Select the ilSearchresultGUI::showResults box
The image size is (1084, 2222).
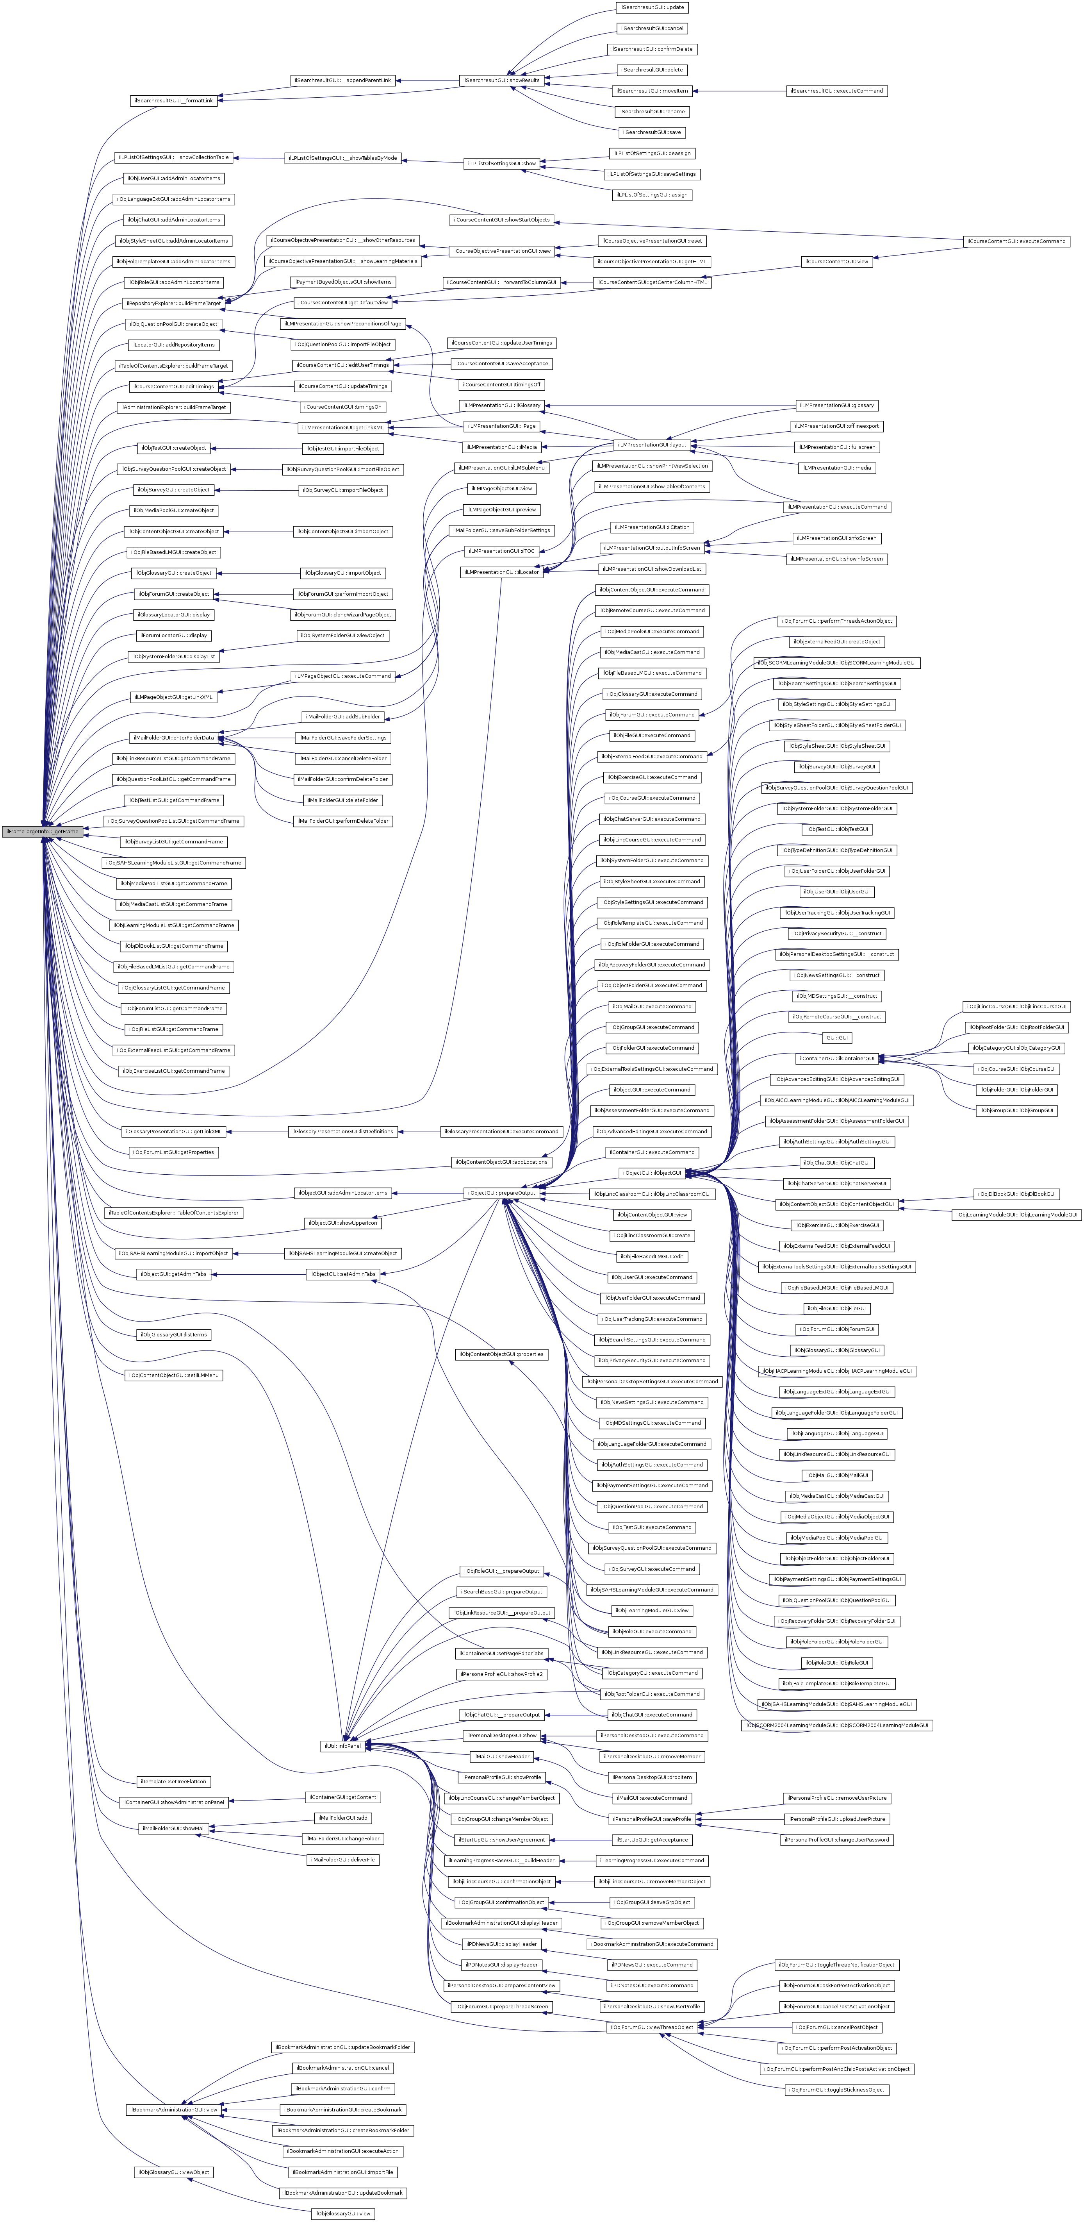[x=501, y=80]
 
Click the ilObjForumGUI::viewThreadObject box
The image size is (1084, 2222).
[x=652, y=2027]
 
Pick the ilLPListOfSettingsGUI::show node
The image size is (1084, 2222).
[x=501, y=163]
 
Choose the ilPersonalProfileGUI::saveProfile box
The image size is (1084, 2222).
[x=652, y=1818]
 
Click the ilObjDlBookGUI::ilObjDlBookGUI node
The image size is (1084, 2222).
[x=1016, y=1194]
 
